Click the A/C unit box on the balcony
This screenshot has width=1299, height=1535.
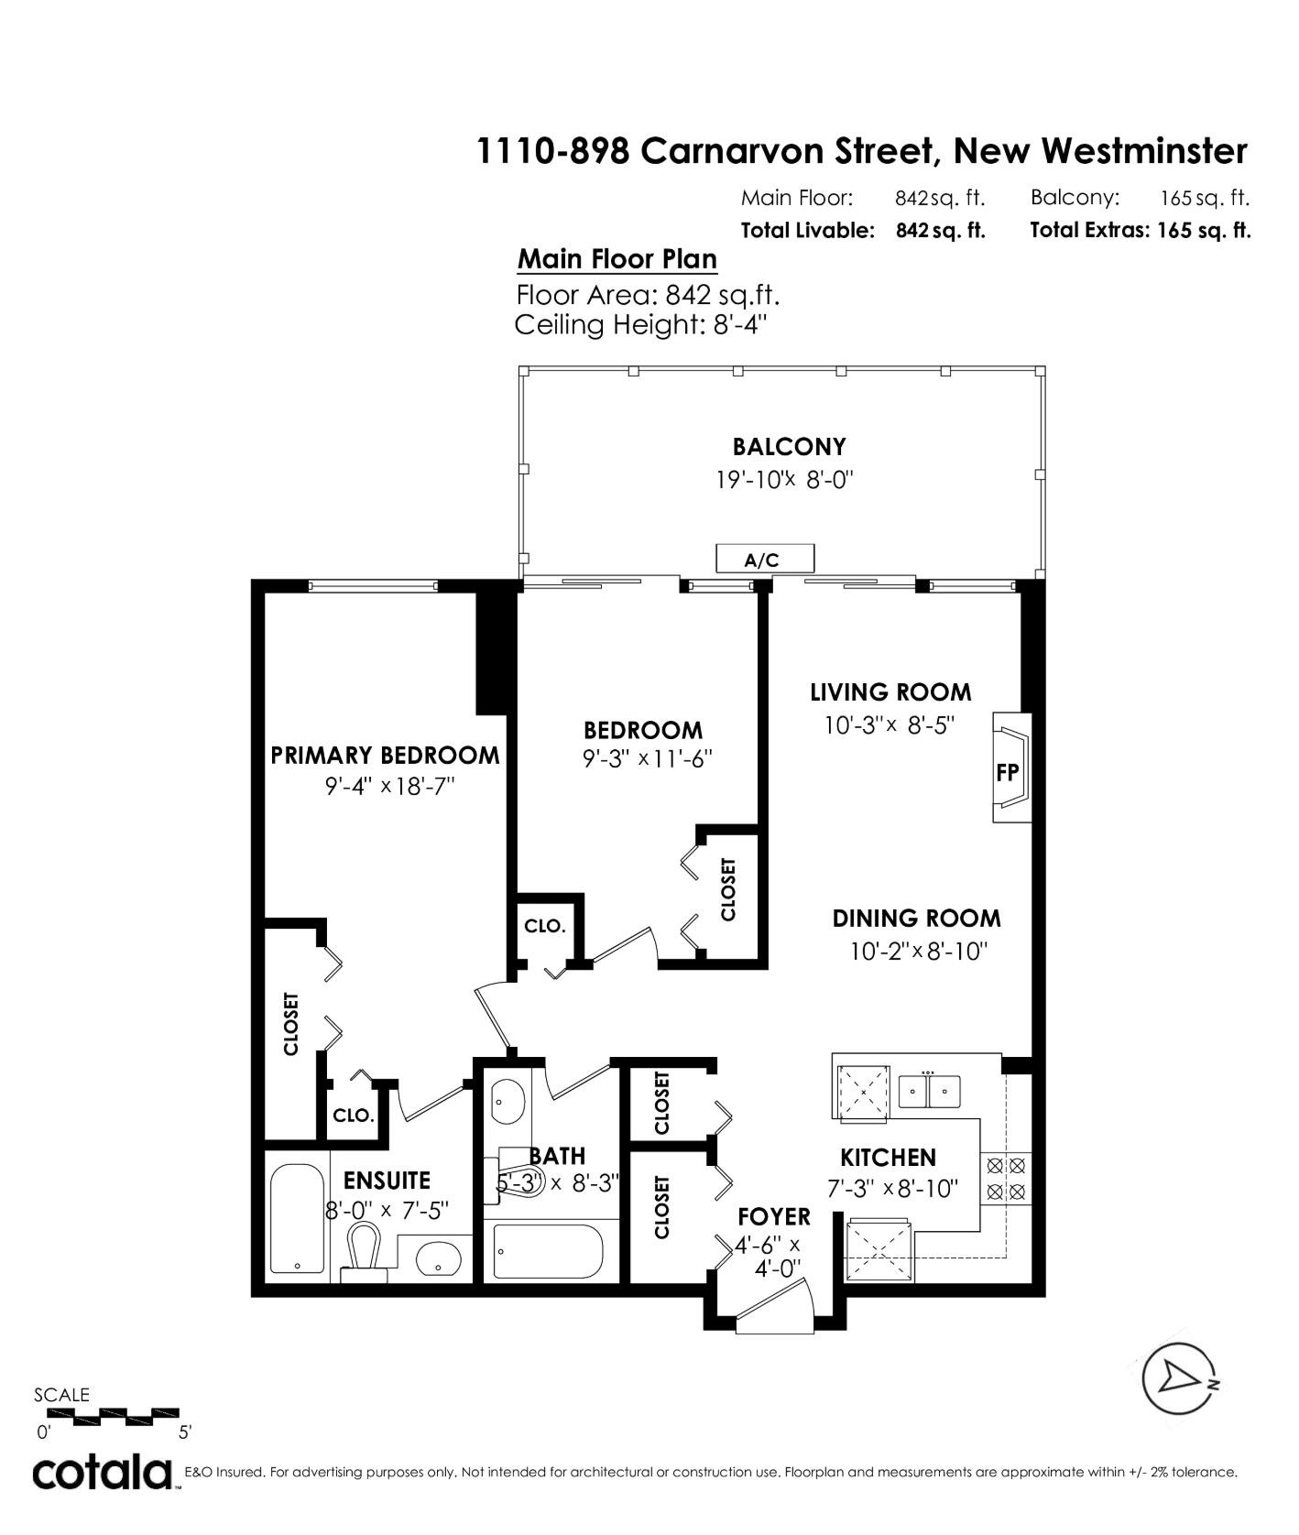coord(763,558)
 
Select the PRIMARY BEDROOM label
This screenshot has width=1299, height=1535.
coord(385,756)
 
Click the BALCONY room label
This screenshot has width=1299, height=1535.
coord(789,447)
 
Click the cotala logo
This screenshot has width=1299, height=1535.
coord(104,1474)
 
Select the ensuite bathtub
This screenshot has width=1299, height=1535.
coord(297,1219)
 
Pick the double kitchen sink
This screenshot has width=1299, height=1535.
coord(929,1091)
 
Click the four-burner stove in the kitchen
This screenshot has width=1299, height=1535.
coord(1005,1179)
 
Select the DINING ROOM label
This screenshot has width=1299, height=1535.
coord(916,919)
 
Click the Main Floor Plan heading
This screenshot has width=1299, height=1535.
coord(617,260)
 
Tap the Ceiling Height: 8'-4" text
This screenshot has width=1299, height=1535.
coord(639,325)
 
